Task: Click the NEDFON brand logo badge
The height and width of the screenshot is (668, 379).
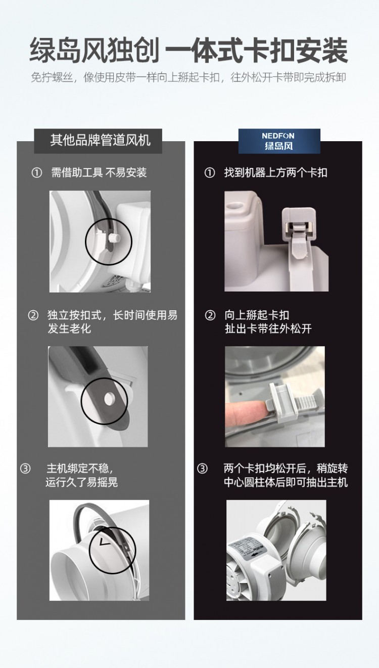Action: click(279, 141)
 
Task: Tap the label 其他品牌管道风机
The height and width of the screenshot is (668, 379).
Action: click(101, 140)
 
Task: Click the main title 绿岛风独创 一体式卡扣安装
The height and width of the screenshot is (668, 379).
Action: click(189, 50)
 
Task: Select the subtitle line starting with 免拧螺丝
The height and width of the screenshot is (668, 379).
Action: click(188, 77)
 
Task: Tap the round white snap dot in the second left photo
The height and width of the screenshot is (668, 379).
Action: click(108, 399)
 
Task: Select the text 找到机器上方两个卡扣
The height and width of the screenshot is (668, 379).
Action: click(276, 173)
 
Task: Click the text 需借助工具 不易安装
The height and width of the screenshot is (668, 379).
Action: click(99, 173)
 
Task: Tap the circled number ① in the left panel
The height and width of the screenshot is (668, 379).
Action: click(36, 173)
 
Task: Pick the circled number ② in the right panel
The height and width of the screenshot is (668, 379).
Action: click(210, 315)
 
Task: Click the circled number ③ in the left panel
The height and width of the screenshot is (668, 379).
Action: click(25, 469)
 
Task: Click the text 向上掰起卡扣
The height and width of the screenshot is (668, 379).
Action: click(257, 315)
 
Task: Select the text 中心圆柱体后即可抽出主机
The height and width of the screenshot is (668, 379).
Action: click(286, 482)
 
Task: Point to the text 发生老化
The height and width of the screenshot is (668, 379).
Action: click(69, 328)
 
